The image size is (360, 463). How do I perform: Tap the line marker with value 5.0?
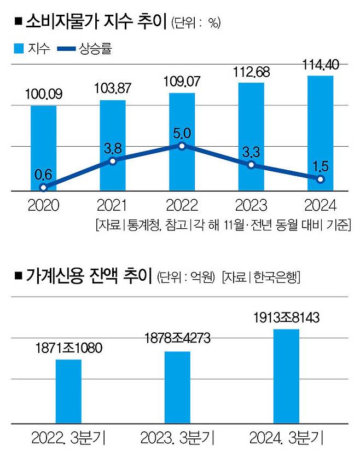(182, 146)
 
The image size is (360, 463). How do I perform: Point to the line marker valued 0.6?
(43, 187)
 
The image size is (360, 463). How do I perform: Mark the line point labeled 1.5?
(321, 179)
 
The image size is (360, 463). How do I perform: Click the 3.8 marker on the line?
(113, 160)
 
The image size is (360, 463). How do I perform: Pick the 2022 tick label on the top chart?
(182, 206)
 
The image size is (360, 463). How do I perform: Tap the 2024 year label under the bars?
(320, 206)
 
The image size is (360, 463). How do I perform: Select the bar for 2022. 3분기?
(68, 391)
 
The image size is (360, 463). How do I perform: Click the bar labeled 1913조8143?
(287, 376)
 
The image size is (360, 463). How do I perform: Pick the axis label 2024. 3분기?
(287, 438)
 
